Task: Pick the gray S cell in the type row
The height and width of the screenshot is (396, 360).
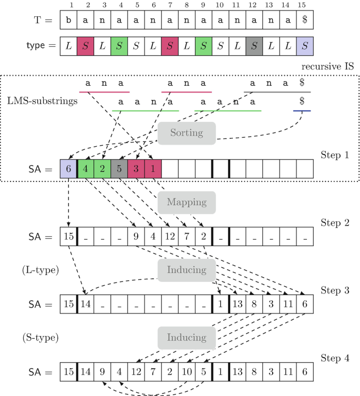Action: (x=254, y=46)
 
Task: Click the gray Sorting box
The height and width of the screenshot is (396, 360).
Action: (x=187, y=133)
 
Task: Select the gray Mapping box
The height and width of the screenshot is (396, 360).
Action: (x=187, y=202)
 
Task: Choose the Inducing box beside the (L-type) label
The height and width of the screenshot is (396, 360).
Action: (x=187, y=270)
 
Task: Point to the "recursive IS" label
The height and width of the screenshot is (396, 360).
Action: (x=327, y=67)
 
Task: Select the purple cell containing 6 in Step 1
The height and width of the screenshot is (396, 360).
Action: (x=68, y=169)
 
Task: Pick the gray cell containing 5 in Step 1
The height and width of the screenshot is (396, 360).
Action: (x=119, y=169)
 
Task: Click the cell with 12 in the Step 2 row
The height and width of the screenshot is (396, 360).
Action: (x=170, y=237)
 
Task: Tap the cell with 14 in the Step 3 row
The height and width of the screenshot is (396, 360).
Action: (x=86, y=304)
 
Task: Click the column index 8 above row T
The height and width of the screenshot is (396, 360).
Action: (x=187, y=6)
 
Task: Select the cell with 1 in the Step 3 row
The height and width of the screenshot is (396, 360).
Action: (x=220, y=304)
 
